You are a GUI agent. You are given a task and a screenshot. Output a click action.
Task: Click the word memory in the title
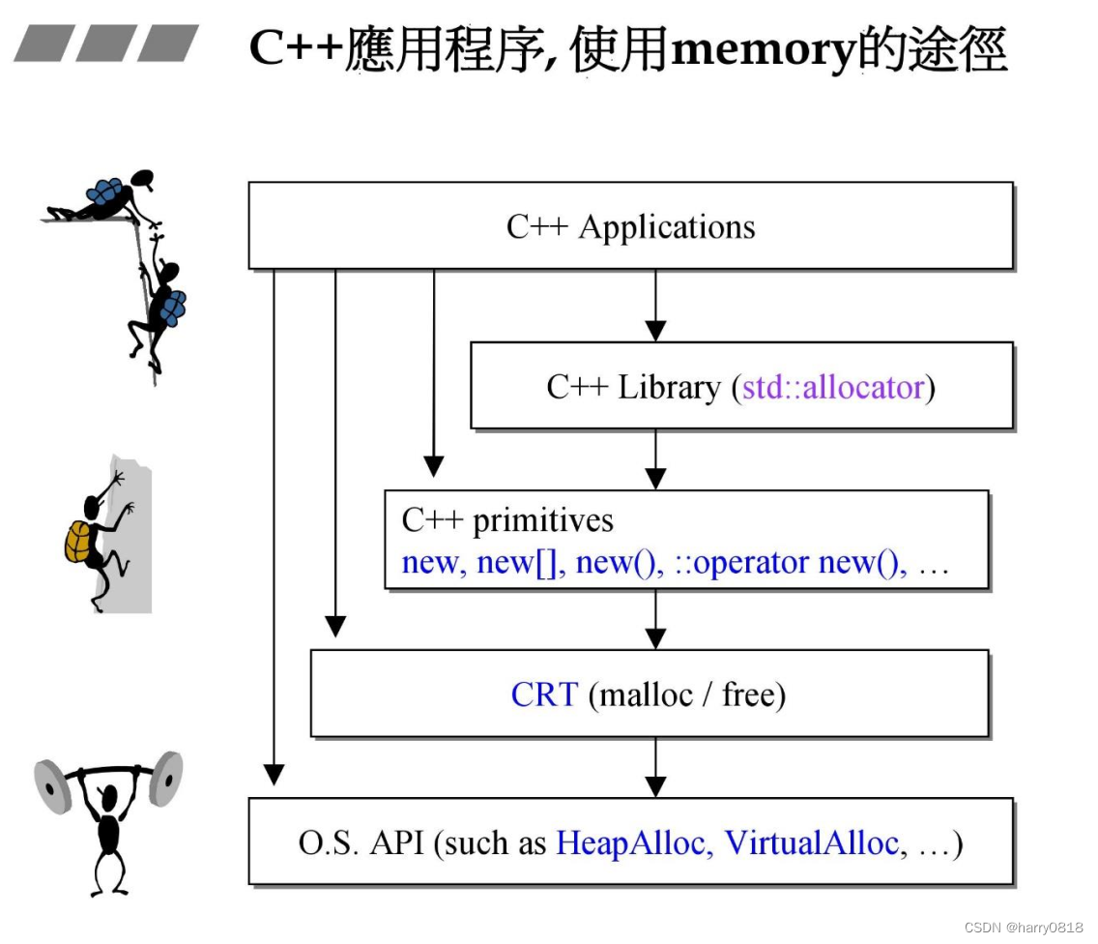click(x=764, y=50)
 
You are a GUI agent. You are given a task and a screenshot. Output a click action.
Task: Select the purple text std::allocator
click(x=833, y=388)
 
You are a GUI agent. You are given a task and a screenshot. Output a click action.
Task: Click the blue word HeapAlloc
click(x=631, y=842)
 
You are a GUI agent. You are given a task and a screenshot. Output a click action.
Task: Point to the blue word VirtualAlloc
click(x=812, y=842)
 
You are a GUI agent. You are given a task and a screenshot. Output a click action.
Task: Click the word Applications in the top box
click(x=667, y=227)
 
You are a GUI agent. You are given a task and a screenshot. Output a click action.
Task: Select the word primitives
click(x=542, y=521)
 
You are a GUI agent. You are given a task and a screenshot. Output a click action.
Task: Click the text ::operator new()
click(x=787, y=562)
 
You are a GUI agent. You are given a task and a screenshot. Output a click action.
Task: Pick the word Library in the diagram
click(x=670, y=388)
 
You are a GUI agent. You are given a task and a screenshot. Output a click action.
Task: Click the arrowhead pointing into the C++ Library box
click(x=655, y=331)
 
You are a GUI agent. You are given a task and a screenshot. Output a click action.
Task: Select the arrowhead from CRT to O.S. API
click(x=655, y=786)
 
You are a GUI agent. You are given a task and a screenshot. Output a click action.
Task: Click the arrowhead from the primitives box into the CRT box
click(x=655, y=638)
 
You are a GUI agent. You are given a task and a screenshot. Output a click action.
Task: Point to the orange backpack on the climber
click(x=78, y=542)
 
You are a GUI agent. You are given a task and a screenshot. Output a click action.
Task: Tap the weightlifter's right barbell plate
click(x=166, y=779)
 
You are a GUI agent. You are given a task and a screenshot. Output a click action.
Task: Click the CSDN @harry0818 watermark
click(x=1023, y=928)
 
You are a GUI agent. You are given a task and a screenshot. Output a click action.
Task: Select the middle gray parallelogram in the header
click(x=106, y=44)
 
